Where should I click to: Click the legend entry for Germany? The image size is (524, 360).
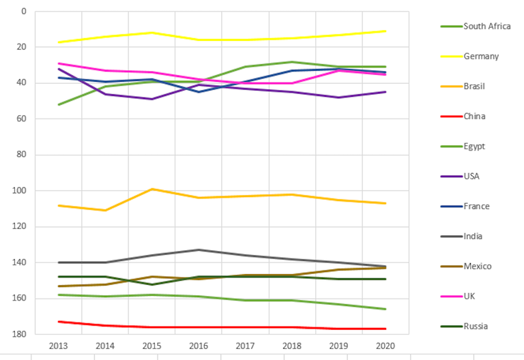pyautogui.click(x=481, y=57)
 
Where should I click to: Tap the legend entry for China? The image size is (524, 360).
pyautogui.click(x=475, y=117)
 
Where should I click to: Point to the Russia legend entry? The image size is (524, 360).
pyautogui.click(x=476, y=326)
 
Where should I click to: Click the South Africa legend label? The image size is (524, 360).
pyautogui.click(x=487, y=27)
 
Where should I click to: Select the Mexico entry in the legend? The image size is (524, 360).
pyautogui.click(x=478, y=267)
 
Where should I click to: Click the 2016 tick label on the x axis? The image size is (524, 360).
pyautogui.click(x=199, y=346)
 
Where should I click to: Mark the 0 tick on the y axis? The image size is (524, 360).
pyautogui.click(x=25, y=12)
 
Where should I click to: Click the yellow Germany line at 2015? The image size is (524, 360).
pyautogui.click(x=152, y=33)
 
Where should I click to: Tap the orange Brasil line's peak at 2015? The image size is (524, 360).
pyautogui.click(x=152, y=189)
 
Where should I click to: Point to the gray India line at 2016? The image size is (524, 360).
pyautogui.click(x=199, y=250)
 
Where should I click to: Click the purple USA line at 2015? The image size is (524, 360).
pyautogui.click(x=152, y=99)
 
